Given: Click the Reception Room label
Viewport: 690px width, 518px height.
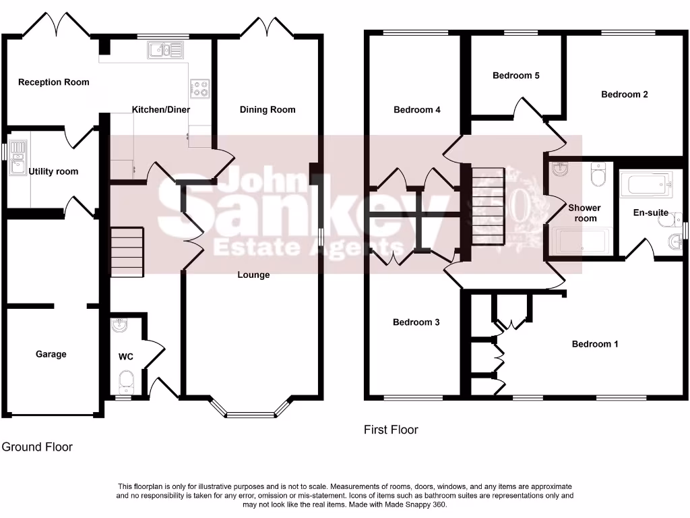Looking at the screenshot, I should (54, 82).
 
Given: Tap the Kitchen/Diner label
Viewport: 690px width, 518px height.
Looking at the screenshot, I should (161, 109).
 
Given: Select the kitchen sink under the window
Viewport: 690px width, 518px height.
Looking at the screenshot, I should (165, 49).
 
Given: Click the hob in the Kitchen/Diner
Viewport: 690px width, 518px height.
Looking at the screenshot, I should (201, 86).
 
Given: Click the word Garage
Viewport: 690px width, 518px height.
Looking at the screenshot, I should (51, 354).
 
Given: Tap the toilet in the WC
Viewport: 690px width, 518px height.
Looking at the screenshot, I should (125, 382).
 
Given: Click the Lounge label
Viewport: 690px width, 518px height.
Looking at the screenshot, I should (253, 275).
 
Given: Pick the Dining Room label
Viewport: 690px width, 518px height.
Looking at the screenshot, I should (268, 109).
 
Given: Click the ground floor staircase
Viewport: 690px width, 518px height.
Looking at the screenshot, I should (127, 252).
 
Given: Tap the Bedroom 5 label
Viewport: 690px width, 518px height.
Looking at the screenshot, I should (516, 76).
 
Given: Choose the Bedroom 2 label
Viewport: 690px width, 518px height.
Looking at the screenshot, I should (625, 94).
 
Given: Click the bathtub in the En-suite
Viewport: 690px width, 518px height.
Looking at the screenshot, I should (646, 183).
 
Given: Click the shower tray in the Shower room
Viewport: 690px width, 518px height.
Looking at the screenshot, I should (582, 240).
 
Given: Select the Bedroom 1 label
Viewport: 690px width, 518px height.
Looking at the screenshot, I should (595, 344).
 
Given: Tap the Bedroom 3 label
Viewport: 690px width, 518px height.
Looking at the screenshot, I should (416, 322).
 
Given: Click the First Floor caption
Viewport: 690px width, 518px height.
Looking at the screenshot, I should (391, 430).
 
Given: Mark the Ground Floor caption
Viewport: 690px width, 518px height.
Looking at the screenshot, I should (37, 447).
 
